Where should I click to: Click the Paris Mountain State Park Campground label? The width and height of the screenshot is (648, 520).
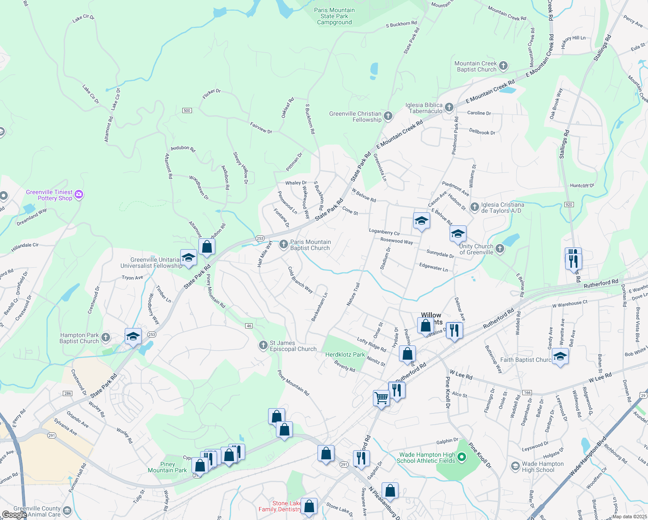click(x=334, y=16)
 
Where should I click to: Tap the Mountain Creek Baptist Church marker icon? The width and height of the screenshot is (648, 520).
click(x=503, y=66)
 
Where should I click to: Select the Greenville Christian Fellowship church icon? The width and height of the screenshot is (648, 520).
click(x=388, y=116)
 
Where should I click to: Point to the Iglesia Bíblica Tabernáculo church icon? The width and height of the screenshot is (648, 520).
click(x=449, y=107)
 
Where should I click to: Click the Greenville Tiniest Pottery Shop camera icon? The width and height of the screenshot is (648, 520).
click(x=79, y=194)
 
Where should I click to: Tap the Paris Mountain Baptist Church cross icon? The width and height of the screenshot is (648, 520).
click(x=283, y=244)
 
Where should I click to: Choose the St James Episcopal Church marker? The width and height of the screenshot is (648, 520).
click(x=263, y=345)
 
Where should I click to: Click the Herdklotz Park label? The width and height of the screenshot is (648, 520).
click(x=345, y=354)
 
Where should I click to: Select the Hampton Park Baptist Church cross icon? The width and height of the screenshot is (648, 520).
click(x=106, y=338)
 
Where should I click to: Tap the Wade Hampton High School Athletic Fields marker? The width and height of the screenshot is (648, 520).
click(x=462, y=457)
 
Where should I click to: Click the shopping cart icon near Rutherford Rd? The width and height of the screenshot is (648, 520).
click(x=381, y=397)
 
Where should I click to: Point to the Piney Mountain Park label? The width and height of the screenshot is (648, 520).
click(x=167, y=467)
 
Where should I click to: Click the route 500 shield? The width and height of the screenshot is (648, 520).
click(x=187, y=110)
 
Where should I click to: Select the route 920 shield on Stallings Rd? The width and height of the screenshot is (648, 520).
click(x=569, y=205)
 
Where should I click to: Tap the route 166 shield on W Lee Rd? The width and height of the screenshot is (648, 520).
click(x=527, y=393)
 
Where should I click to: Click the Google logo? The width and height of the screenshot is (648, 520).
click(x=14, y=515)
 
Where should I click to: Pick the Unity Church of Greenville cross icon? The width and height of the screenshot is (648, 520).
click(x=500, y=248)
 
